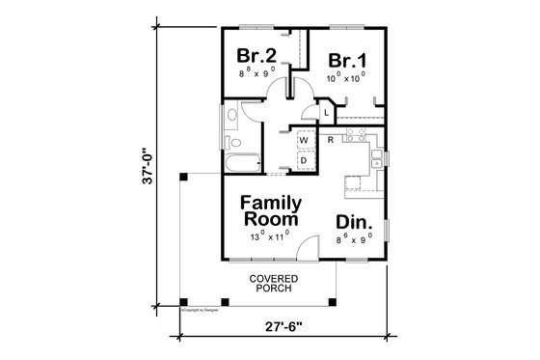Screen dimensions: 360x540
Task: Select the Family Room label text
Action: (x=271, y=211)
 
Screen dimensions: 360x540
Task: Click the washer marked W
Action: (x=302, y=141)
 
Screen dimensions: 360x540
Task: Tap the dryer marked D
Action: (x=302, y=160)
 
